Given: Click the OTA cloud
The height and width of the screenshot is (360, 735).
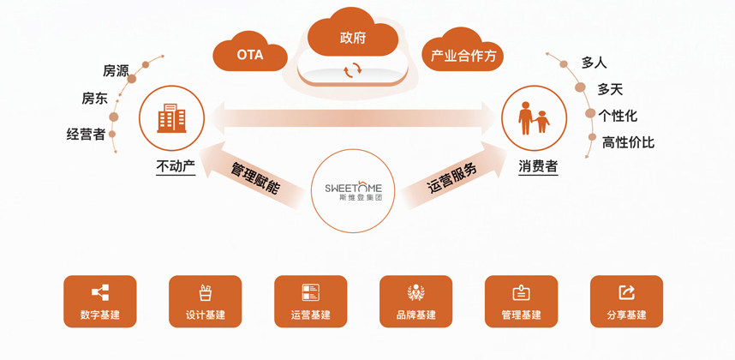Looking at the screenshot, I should coord(249,55).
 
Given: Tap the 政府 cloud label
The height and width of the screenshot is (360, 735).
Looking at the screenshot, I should coord(353,38).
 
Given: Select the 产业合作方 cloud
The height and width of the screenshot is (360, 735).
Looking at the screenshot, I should coord(463,56).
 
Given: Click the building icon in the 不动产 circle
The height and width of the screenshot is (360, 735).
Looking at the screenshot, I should coord(171,118).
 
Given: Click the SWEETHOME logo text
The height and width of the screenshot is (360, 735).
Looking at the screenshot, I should coord(353,188).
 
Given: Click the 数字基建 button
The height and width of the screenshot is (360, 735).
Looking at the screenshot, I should coord(100,301).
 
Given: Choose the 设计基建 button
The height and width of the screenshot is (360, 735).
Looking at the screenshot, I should coord(206,301).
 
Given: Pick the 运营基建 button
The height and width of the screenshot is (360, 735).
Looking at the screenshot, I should coord(310,301).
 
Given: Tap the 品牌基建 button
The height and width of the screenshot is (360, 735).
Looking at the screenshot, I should coord(415,301).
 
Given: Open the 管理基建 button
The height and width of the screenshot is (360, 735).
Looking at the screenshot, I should coord(521,301).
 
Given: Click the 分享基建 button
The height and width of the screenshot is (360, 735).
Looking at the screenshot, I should coord(626,301).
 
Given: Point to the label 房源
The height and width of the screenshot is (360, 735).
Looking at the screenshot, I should coord(116,70).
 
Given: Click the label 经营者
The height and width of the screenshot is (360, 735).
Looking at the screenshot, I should coord(86,134).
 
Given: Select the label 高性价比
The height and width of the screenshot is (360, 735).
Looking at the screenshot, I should coord(628,142).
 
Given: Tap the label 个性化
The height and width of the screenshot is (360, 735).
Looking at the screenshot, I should coord(618,116).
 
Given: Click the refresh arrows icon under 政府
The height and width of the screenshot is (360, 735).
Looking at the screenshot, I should coord(352,70).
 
